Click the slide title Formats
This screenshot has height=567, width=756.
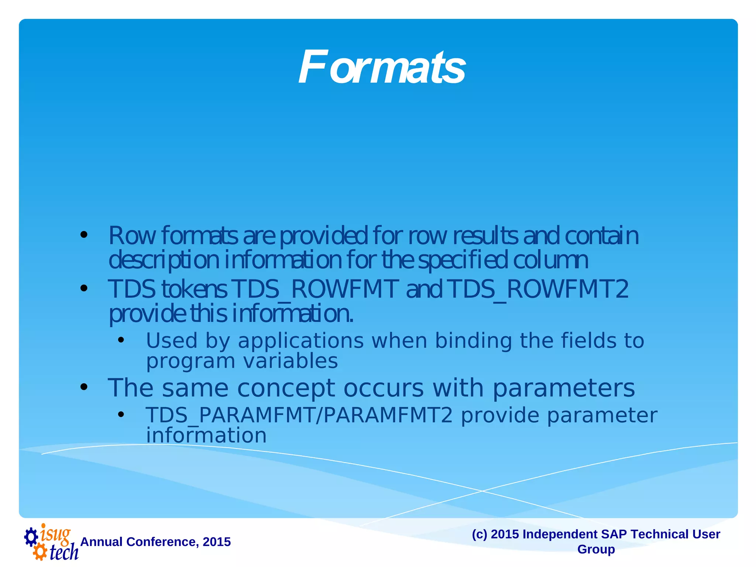point(382,67)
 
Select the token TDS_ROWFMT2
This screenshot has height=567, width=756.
point(539,289)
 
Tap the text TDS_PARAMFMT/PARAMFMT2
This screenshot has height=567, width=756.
point(299,415)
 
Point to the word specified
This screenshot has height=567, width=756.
point(463,260)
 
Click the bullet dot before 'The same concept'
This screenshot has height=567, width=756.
point(84,387)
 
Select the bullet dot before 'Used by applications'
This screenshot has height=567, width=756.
point(121,340)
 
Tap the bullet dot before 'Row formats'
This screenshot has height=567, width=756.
point(84,235)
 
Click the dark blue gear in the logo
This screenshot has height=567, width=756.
point(31,537)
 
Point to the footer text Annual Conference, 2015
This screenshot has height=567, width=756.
point(155,542)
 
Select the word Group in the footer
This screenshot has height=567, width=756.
point(596,549)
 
